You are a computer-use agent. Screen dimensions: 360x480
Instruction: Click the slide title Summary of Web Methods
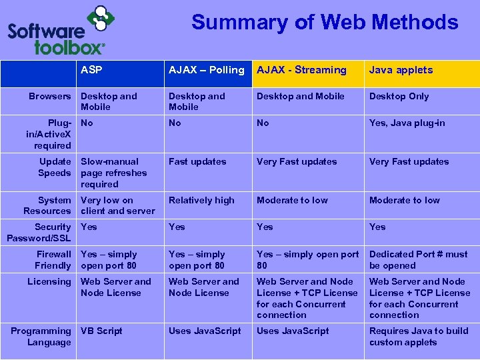pos(325,23)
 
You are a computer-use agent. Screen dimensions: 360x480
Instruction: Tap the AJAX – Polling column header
pos(206,70)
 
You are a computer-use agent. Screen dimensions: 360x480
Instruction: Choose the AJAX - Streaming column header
pos(301,70)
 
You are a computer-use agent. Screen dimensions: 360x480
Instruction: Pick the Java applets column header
pos(401,70)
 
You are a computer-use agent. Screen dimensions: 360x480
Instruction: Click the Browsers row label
pos(50,96)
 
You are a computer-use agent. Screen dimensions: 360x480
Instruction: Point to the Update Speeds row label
pos(55,167)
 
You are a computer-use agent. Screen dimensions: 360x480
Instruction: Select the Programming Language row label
pos(41,337)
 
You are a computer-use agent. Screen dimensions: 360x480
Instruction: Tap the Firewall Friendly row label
pos(53,259)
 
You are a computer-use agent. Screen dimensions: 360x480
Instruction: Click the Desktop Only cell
pos(399,96)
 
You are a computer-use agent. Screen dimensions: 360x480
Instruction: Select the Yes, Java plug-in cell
pos(407,123)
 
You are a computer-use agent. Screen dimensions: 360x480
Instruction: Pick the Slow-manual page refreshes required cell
pos(113,173)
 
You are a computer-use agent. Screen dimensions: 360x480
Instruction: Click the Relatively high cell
pos(201,200)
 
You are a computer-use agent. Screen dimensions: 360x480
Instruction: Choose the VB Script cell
pos(101,331)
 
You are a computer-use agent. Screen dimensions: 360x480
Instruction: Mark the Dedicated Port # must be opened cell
pos(418,259)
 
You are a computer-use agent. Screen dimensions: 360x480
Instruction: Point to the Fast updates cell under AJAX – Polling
pos(197,161)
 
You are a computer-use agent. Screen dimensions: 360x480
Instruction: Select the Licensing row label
pos(49,281)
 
